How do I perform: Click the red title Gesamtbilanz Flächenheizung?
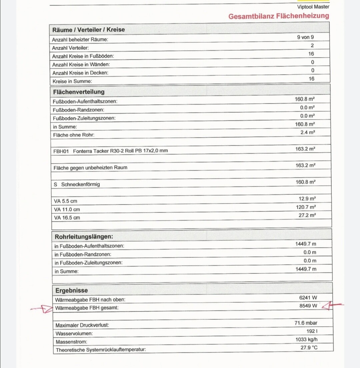(x=279, y=16)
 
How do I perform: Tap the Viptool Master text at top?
(x=313, y=7)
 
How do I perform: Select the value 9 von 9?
(x=305, y=37)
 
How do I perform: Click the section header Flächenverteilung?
(x=79, y=92)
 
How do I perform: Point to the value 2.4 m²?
(x=308, y=133)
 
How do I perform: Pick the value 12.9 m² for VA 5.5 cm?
(x=307, y=199)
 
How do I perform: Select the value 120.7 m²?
(x=306, y=207)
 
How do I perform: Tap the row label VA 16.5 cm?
(x=67, y=218)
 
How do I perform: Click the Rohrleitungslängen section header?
(x=84, y=237)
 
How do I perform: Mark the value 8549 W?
(x=308, y=306)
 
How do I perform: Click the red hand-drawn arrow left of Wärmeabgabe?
(x=42, y=309)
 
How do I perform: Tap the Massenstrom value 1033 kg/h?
(x=306, y=340)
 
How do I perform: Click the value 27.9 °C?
(x=309, y=348)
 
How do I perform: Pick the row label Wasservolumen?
(x=74, y=333)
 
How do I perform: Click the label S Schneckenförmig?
(x=77, y=184)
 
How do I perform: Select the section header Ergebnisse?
(x=72, y=290)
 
